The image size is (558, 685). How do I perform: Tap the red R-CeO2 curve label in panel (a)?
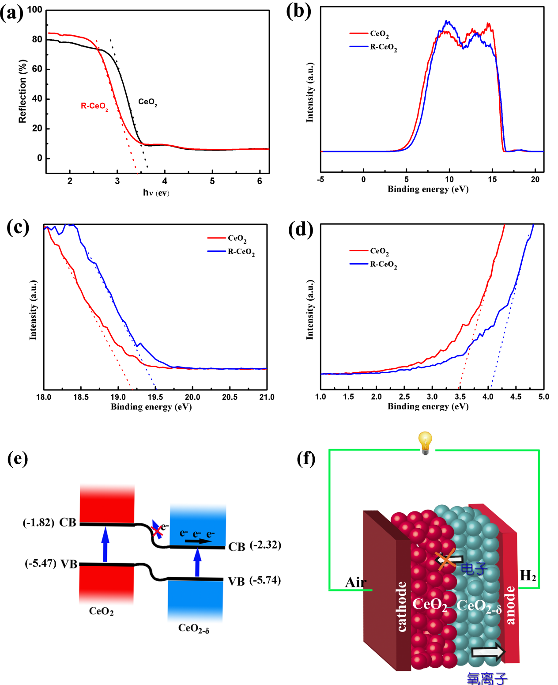(94, 106)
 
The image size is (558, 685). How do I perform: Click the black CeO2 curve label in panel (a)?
(147, 102)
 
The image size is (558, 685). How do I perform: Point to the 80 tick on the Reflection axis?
(37, 39)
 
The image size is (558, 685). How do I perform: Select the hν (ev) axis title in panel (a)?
(156, 193)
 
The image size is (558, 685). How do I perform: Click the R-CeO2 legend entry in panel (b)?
(383, 47)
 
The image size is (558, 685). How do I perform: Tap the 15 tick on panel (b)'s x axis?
(492, 179)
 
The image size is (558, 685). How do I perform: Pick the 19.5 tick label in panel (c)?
(155, 397)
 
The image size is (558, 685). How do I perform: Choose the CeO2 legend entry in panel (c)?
(237, 238)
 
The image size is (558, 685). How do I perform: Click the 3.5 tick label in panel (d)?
(460, 397)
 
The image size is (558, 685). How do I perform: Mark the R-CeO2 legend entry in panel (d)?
(383, 264)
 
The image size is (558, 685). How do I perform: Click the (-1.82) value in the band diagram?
(38, 522)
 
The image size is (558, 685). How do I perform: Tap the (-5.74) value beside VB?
(265, 580)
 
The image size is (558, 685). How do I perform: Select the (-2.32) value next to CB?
(265, 545)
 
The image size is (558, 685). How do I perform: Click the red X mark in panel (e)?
(157, 530)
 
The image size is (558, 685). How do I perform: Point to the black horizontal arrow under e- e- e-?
(198, 541)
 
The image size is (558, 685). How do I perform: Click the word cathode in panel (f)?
(401, 606)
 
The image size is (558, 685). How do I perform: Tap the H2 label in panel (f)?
(528, 576)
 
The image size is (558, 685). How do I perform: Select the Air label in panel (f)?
(355, 583)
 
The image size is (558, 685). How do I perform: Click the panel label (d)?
(301, 230)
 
